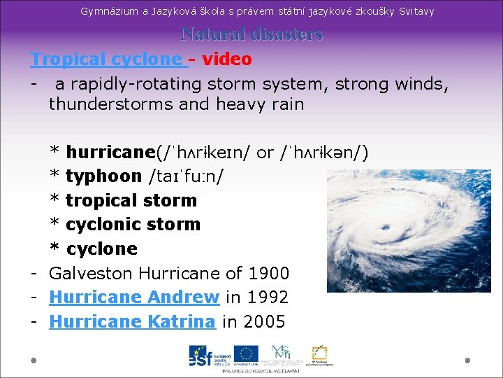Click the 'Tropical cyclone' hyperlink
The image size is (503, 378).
[105, 59]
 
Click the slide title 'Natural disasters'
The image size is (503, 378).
[251, 34]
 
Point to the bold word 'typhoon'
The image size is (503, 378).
[103, 176]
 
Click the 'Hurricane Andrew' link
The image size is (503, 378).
[134, 297]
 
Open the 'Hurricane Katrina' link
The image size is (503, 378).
[132, 322]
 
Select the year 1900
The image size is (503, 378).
[269, 273]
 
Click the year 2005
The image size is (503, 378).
[265, 322]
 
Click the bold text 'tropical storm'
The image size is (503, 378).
[131, 201]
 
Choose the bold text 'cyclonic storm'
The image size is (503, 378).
[133, 225]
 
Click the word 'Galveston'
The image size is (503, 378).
[92, 273]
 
